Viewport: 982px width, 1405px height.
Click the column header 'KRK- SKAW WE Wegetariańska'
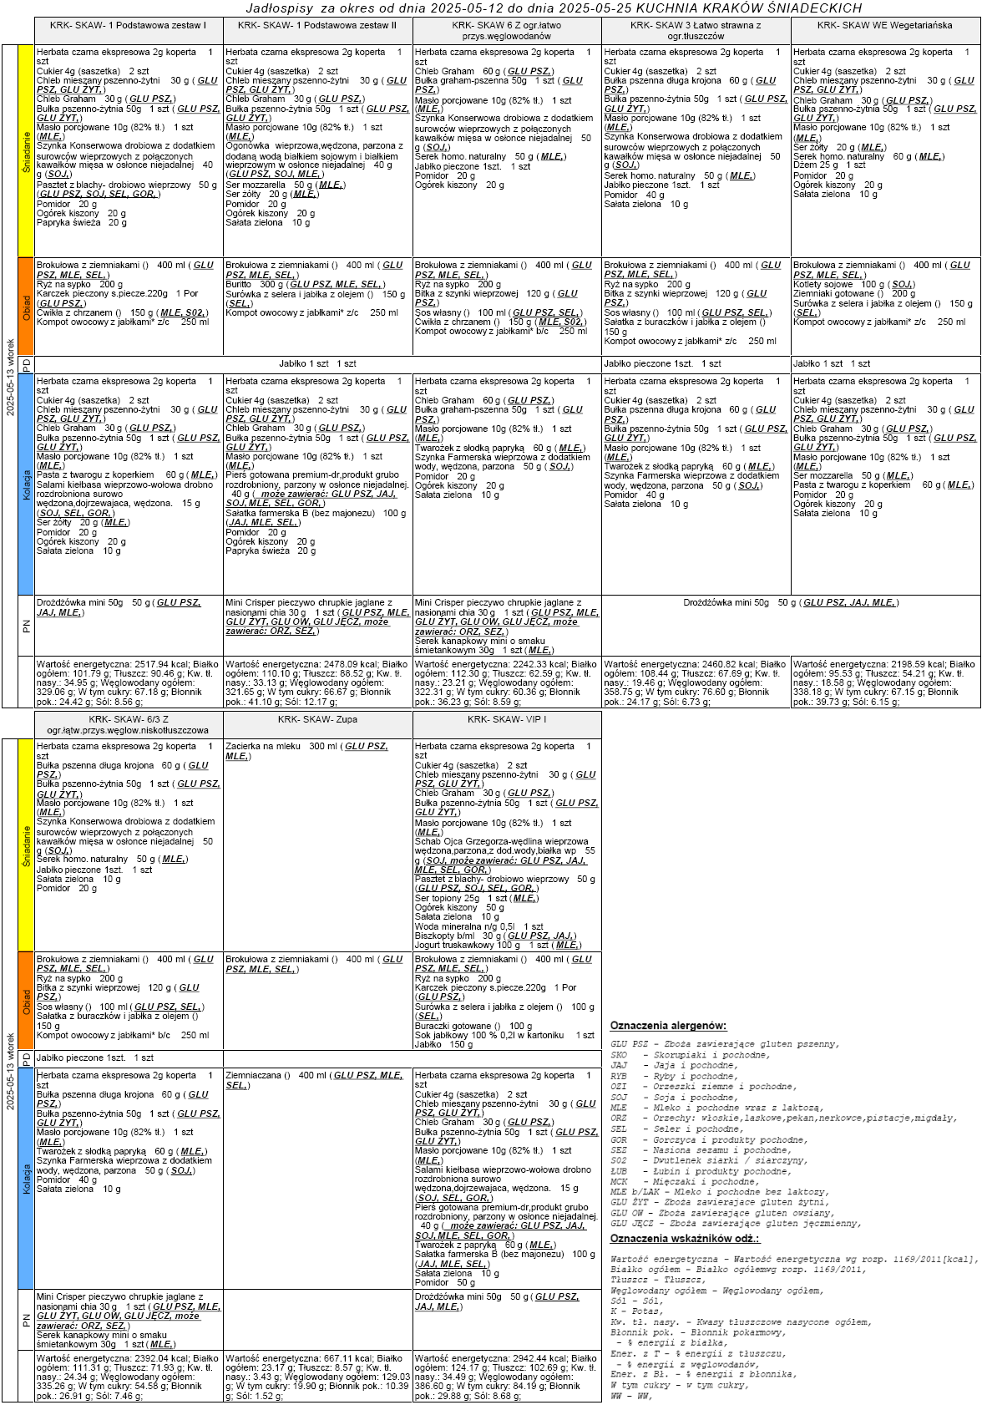click(885, 26)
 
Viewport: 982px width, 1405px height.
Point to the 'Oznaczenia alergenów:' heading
click(668, 1025)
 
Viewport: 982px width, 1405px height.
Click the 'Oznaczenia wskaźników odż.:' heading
click(685, 1238)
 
